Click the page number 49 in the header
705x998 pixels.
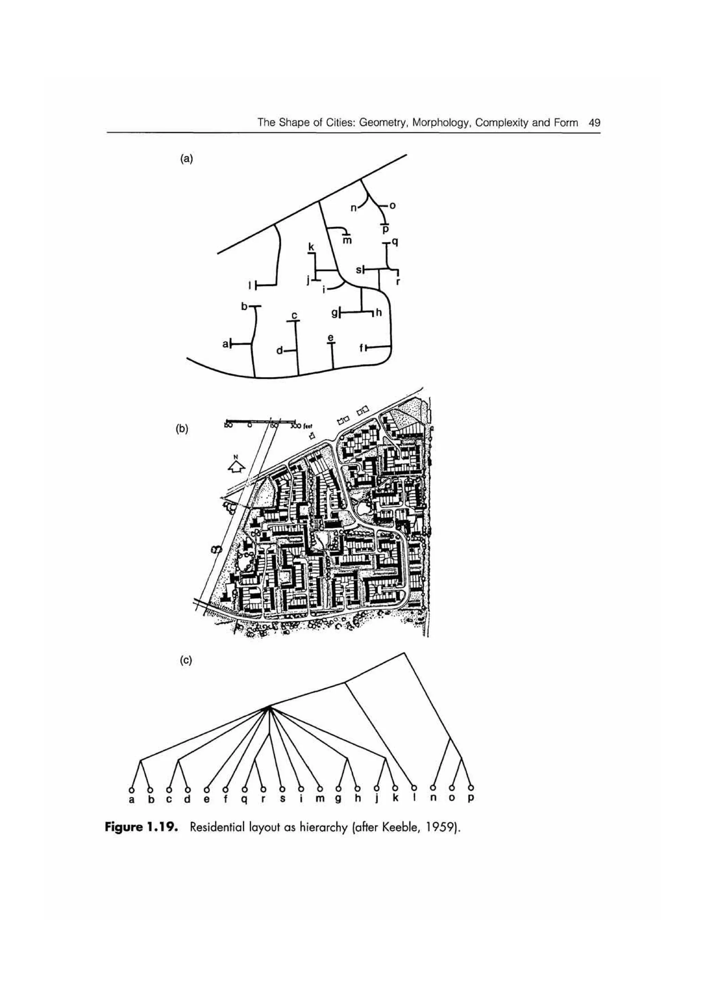tap(594, 123)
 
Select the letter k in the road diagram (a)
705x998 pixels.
tap(311, 246)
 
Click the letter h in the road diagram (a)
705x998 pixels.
tap(378, 312)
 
